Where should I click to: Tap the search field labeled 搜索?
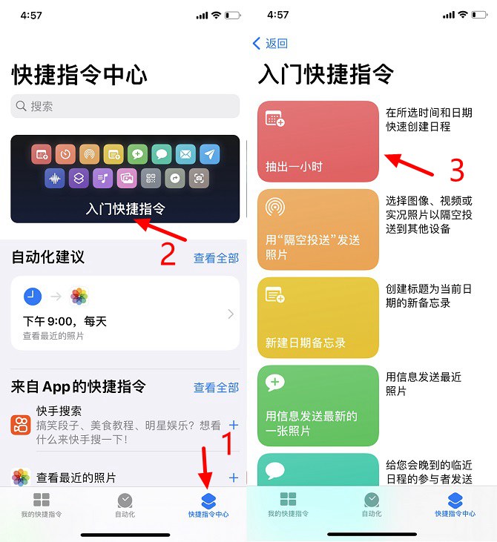click(x=125, y=106)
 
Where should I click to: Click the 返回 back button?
click(x=270, y=44)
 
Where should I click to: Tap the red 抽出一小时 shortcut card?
click(x=317, y=141)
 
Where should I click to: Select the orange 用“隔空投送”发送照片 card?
click(x=317, y=229)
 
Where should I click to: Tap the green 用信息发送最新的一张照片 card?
click(x=317, y=405)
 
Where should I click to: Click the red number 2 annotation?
click(x=168, y=254)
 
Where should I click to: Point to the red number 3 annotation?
click(x=457, y=170)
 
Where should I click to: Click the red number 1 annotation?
click(x=228, y=443)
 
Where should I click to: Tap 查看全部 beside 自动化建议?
click(x=216, y=258)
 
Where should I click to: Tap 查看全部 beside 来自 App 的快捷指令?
click(x=216, y=387)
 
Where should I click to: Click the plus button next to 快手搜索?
click(x=233, y=425)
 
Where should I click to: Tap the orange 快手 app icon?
click(x=20, y=425)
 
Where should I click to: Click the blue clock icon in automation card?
click(x=33, y=297)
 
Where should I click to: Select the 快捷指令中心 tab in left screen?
click(x=208, y=504)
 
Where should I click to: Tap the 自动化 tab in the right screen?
click(x=372, y=504)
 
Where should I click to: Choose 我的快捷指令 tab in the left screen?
click(x=42, y=504)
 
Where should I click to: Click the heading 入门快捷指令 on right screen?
click(x=326, y=75)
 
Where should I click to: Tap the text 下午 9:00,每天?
click(x=65, y=321)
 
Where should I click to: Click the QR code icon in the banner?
click(x=151, y=178)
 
